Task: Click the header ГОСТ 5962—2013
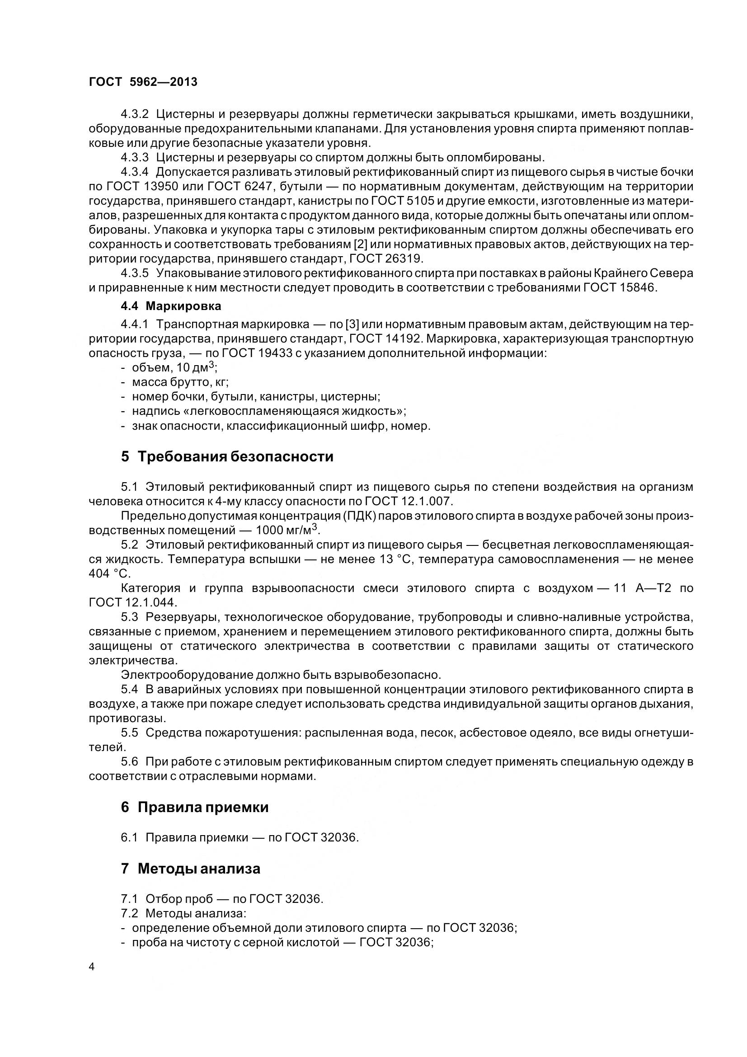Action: pyautogui.click(x=143, y=82)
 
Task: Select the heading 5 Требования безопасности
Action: pyautogui.click(x=227, y=457)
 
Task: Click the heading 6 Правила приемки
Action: pyautogui.click(x=195, y=807)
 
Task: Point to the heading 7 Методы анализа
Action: pyautogui.click(x=191, y=869)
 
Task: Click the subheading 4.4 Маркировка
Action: pyautogui.click(x=171, y=306)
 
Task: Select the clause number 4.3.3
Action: pyautogui.click(x=135, y=157)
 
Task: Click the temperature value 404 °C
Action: pyautogui.click(x=109, y=573)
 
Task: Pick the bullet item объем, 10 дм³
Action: pyautogui.click(x=174, y=368)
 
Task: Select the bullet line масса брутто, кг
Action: pyautogui.click(x=180, y=382)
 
